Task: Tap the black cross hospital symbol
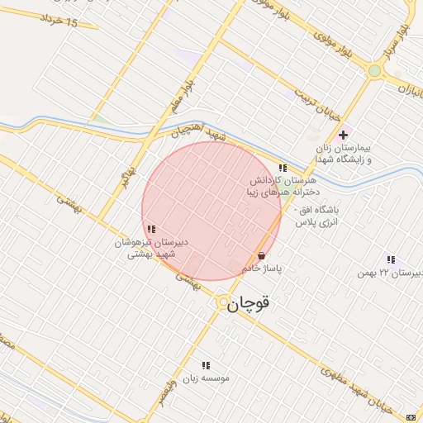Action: (344, 135)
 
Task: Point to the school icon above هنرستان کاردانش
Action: (283, 168)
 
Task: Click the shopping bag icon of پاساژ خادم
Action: (261, 256)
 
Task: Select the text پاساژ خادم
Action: (264, 269)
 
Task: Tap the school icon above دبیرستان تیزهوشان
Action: (150, 229)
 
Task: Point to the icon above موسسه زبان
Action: (206, 364)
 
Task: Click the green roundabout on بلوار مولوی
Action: (375, 71)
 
